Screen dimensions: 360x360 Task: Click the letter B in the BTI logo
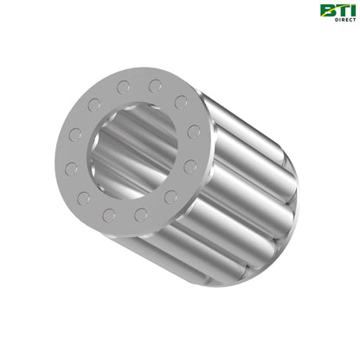coord(326,10)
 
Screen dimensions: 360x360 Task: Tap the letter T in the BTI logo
coord(338,10)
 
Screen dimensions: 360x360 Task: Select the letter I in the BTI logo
coord(349,10)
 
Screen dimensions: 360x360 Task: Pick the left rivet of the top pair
coord(124,87)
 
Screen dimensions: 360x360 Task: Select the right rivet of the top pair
coord(155,87)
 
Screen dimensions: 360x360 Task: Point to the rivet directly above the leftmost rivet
coord(75,135)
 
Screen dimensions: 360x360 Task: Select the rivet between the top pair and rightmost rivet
coord(181,103)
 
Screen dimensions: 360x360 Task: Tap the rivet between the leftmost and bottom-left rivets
coord(84,198)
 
